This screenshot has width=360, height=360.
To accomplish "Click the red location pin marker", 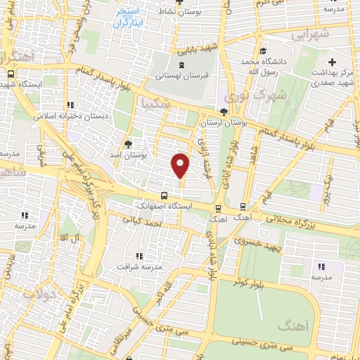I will point(181,165).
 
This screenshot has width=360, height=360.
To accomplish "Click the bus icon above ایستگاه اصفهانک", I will point(164,195).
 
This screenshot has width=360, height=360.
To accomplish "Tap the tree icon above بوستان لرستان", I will point(224,112).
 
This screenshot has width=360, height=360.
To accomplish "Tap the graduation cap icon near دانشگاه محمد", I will point(262,51).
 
